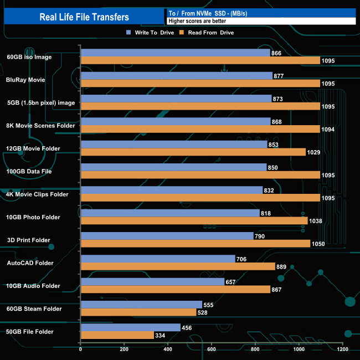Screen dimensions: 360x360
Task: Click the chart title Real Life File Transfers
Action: [84, 17]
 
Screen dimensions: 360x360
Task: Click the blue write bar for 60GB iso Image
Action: [175, 53]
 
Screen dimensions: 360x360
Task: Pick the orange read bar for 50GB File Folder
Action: [117, 335]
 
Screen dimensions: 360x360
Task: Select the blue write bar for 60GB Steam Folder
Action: [141, 305]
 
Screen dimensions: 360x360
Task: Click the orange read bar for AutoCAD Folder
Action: [178, 266]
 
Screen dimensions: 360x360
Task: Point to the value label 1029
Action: [313, 152]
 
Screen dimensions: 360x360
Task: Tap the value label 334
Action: [162, 335]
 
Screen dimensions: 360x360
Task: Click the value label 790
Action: [260, 236]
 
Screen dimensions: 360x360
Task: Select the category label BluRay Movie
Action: [25, 80]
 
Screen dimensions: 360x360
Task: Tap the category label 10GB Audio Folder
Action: [33, 286]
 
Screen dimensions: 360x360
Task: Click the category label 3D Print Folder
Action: [29, 240]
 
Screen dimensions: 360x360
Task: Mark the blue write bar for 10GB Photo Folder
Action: [170, 213]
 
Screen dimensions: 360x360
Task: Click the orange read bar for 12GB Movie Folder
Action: [193, 152]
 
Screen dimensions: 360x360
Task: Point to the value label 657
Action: [231, 282]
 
